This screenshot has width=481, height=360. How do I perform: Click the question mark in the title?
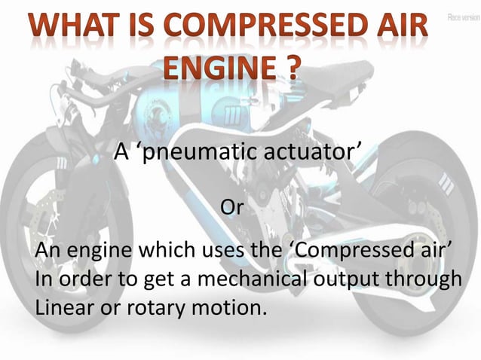click(x=289, y=69)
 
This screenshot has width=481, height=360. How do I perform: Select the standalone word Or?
click(x=230, y=206)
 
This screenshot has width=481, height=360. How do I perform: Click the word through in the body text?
click(x=431, y=279)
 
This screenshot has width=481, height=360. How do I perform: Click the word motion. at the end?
click(x=228, y=307)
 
